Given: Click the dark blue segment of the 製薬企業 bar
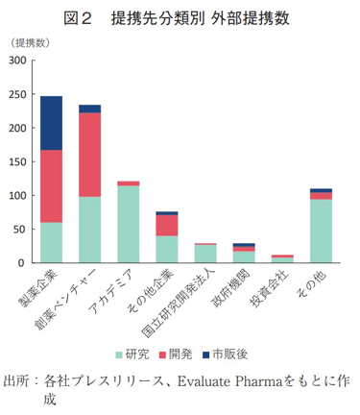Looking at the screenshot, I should (x=51, y=123).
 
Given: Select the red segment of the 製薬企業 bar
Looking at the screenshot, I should (x=51, y=186).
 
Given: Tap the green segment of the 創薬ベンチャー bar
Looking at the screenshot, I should (x=89, y=230).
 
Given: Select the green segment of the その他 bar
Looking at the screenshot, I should (x=321, y=231).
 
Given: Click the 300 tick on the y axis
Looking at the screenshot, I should (x=16, y=61).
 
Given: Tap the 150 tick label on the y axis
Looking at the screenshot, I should (x=16, y=161).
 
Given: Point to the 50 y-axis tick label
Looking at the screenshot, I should (x=19, y=229).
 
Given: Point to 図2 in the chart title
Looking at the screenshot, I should (x=78, y=18).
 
